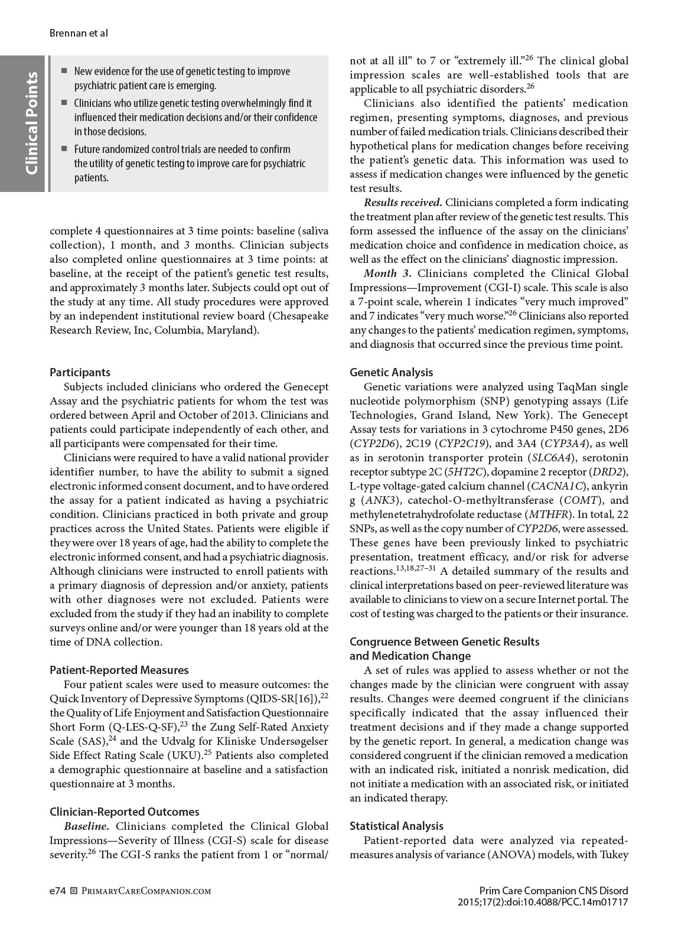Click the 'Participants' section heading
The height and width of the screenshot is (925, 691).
click(80, 372)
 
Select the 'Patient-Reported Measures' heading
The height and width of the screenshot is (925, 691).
click(119, 670)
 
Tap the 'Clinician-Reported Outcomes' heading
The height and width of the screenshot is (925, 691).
click(124, 812)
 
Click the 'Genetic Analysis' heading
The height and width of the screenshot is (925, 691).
click(391, 372)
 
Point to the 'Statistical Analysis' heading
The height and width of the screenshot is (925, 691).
click(396, 826)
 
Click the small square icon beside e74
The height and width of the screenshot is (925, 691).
click(74, 891)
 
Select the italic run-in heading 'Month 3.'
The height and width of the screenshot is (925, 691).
click(388, 273)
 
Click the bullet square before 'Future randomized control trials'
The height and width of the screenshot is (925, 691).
click(64, 149)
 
